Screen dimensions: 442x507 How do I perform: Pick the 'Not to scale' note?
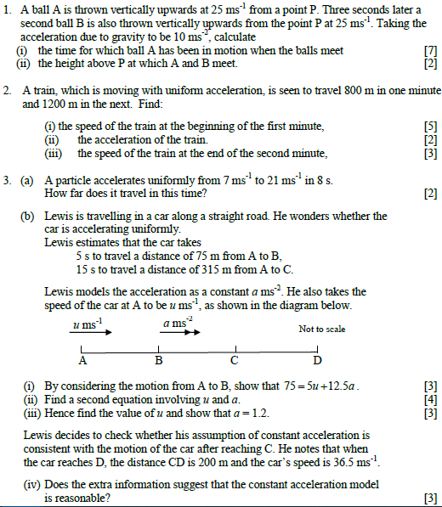click(x=322, y=330)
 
